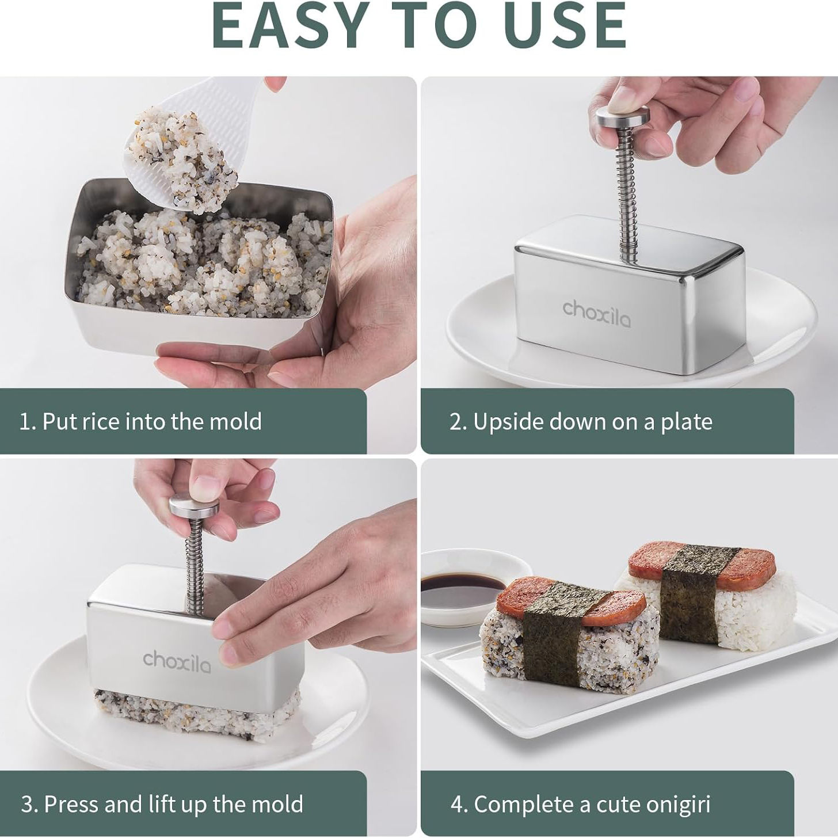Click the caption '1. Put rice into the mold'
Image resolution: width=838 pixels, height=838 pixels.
(x=140, y=421)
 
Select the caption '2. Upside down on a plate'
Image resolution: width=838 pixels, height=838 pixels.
(x=581, y=421)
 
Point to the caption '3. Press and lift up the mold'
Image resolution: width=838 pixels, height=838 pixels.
(x=162, y=803)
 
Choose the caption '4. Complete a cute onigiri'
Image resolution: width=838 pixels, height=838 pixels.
(x=580, y=803)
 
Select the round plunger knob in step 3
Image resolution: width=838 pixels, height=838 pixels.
(x=195, y=506)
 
